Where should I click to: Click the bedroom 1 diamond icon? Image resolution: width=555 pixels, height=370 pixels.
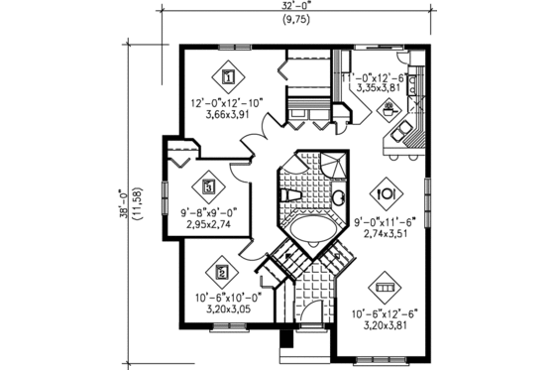click(x=229, y=75)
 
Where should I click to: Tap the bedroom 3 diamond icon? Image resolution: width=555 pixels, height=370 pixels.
click(x=209, y=185)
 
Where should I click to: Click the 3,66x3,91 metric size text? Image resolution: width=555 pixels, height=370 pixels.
click(x=229, y=115)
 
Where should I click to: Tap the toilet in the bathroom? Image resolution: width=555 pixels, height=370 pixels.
click(x=290, y=197)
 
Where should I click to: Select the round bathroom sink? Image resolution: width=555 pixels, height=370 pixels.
click(x=338, y=199)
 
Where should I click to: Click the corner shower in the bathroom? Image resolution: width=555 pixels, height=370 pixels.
click(x=335, y=166)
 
